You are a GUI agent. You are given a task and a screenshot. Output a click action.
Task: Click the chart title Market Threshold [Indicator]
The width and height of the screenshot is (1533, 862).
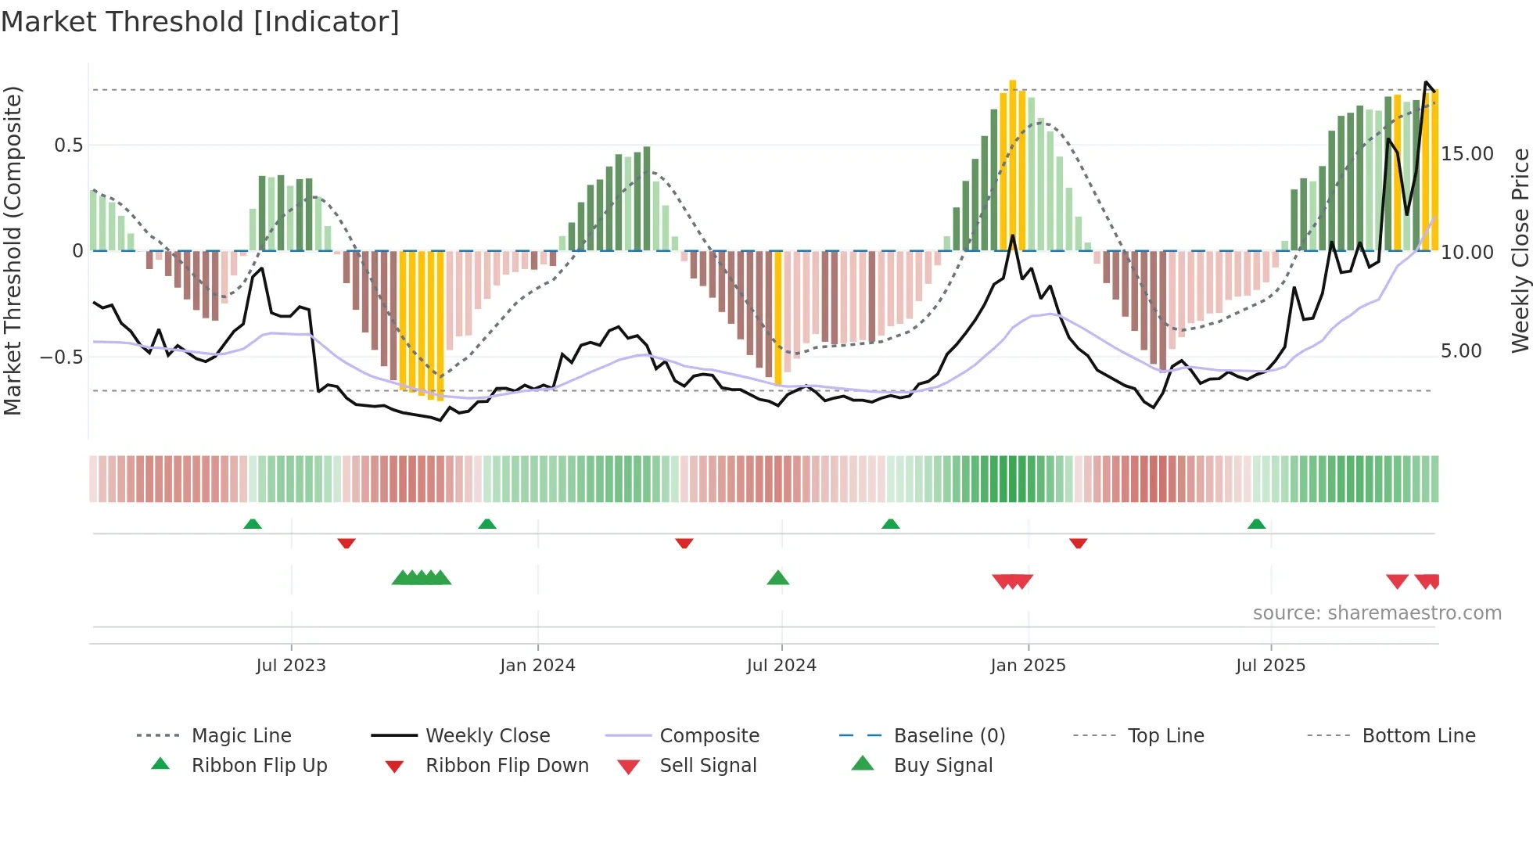pyautogui.click(x=200, y=22)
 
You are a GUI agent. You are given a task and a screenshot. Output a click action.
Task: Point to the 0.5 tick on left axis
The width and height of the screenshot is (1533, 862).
pyautogui.click(x=69, y=145)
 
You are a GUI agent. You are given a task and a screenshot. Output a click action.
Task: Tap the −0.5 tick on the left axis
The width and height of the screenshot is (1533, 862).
pyautogui.click(x=62, y=357)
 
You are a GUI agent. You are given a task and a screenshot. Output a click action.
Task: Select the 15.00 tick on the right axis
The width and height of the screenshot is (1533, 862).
pyautogui.click(x=1467, y=154)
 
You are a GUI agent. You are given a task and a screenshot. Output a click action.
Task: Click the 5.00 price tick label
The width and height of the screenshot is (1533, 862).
pyautogui.click(x=1461, y=351)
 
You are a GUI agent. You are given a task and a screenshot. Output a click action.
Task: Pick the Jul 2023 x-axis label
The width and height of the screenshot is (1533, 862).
pyautogui.click(x=291, y=666)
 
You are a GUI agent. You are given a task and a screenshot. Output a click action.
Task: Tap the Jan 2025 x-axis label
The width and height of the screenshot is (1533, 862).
pyautogui.click(x=1028, y=666)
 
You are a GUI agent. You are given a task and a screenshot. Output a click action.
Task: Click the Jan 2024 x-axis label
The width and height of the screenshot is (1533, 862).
pyautogui.click(x=537, y=666)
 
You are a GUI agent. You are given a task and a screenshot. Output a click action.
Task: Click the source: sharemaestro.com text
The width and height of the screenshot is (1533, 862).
pyautogui.click(x=1377, y=613)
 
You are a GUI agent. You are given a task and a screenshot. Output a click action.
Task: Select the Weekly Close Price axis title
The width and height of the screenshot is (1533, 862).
pyautogui.click(x=1520, y=250)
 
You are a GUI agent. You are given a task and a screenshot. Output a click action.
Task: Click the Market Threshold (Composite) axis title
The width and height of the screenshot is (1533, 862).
pyautogui.click(x=13, y=250)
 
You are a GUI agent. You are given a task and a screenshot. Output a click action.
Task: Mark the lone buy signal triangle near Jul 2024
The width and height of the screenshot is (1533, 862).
pyautogui.click(x=777, y=578)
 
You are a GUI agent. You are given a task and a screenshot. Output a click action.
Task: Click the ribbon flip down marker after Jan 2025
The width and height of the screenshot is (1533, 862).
pyautogui.click(x=1078, y=543)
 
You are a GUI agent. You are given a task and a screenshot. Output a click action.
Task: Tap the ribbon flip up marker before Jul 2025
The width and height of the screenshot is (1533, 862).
pyautogui.click(x=1256, y=524)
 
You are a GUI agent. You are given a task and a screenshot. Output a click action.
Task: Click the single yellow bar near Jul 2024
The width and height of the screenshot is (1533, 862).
pyautogui.click(x=777, y=317)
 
